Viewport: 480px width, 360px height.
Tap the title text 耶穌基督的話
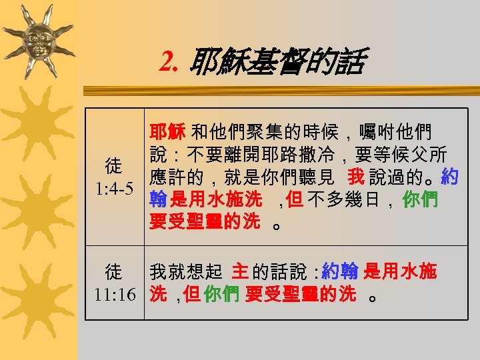(277, 63)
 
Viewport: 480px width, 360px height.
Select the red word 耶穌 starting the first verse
(167, 129)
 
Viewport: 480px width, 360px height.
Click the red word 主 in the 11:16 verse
(239, 271)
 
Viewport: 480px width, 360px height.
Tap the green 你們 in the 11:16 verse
(221, 294)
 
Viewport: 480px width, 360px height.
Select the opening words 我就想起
(185, 271)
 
